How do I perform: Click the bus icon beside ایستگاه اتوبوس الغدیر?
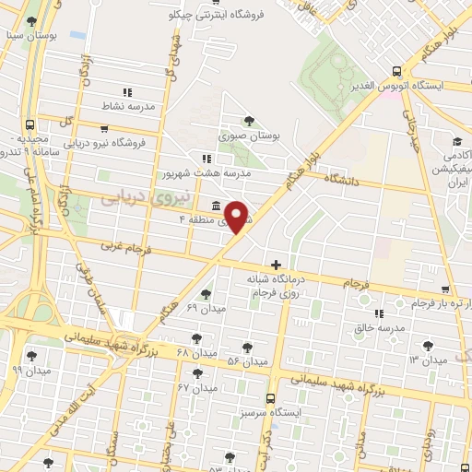(396, 71)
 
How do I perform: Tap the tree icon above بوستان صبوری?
(250, 121)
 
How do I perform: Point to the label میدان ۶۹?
(205, 306)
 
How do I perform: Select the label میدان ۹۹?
(30, 370)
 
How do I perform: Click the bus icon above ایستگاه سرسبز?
(270, 398)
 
